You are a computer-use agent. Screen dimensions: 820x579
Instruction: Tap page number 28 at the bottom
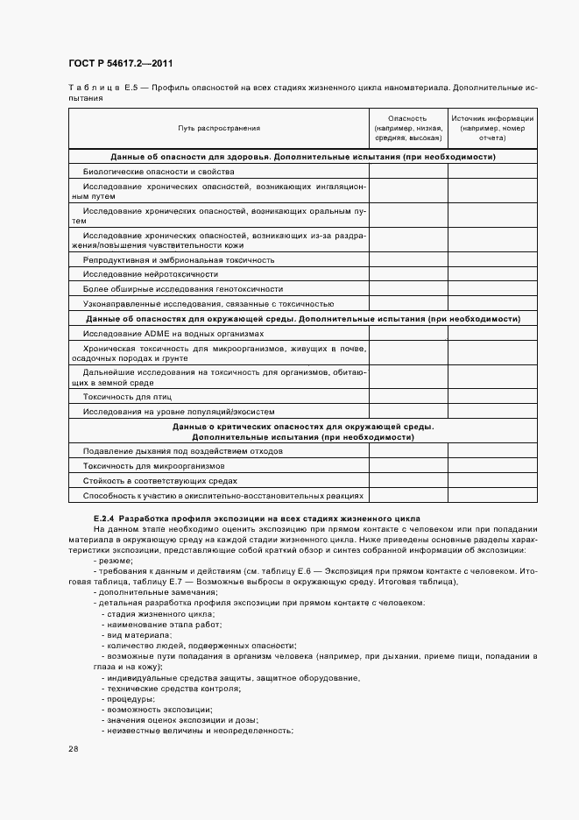tap(73, 749)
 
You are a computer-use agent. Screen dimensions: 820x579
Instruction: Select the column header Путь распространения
tap(219, 128)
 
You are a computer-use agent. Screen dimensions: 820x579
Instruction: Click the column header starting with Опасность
tap(407, 128)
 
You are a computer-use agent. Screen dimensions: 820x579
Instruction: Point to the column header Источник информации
tap(491, 128)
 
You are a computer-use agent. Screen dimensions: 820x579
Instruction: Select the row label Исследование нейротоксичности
tap(138, 274)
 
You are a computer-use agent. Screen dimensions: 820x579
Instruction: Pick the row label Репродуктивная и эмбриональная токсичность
tap(179, 259)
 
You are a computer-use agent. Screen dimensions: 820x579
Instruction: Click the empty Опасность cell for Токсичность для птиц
tap(407, 396)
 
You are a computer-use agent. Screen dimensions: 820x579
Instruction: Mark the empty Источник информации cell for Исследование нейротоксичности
tap(491, 274)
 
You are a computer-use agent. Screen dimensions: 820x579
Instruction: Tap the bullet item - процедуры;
tap(128, 698)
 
